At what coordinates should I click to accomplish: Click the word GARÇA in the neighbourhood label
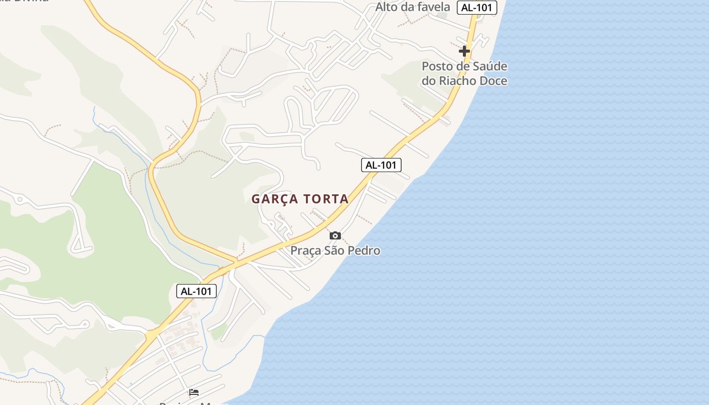(x=277, y=199)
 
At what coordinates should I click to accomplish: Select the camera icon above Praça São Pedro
(x=335, y=235)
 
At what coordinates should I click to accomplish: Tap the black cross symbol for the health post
(x=464, y=51)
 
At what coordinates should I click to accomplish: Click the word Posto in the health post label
(x=437, y=66)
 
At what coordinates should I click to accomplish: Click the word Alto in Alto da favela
(x=387, y=7)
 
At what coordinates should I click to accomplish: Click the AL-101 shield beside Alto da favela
(x=477, y=8)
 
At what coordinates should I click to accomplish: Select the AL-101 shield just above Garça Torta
(x=381, y=165)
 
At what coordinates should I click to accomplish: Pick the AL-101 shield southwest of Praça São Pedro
(x=196, y=291)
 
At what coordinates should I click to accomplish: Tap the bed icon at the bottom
(x=194, y=392)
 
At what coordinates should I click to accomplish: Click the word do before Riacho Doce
(x=429, y=81)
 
